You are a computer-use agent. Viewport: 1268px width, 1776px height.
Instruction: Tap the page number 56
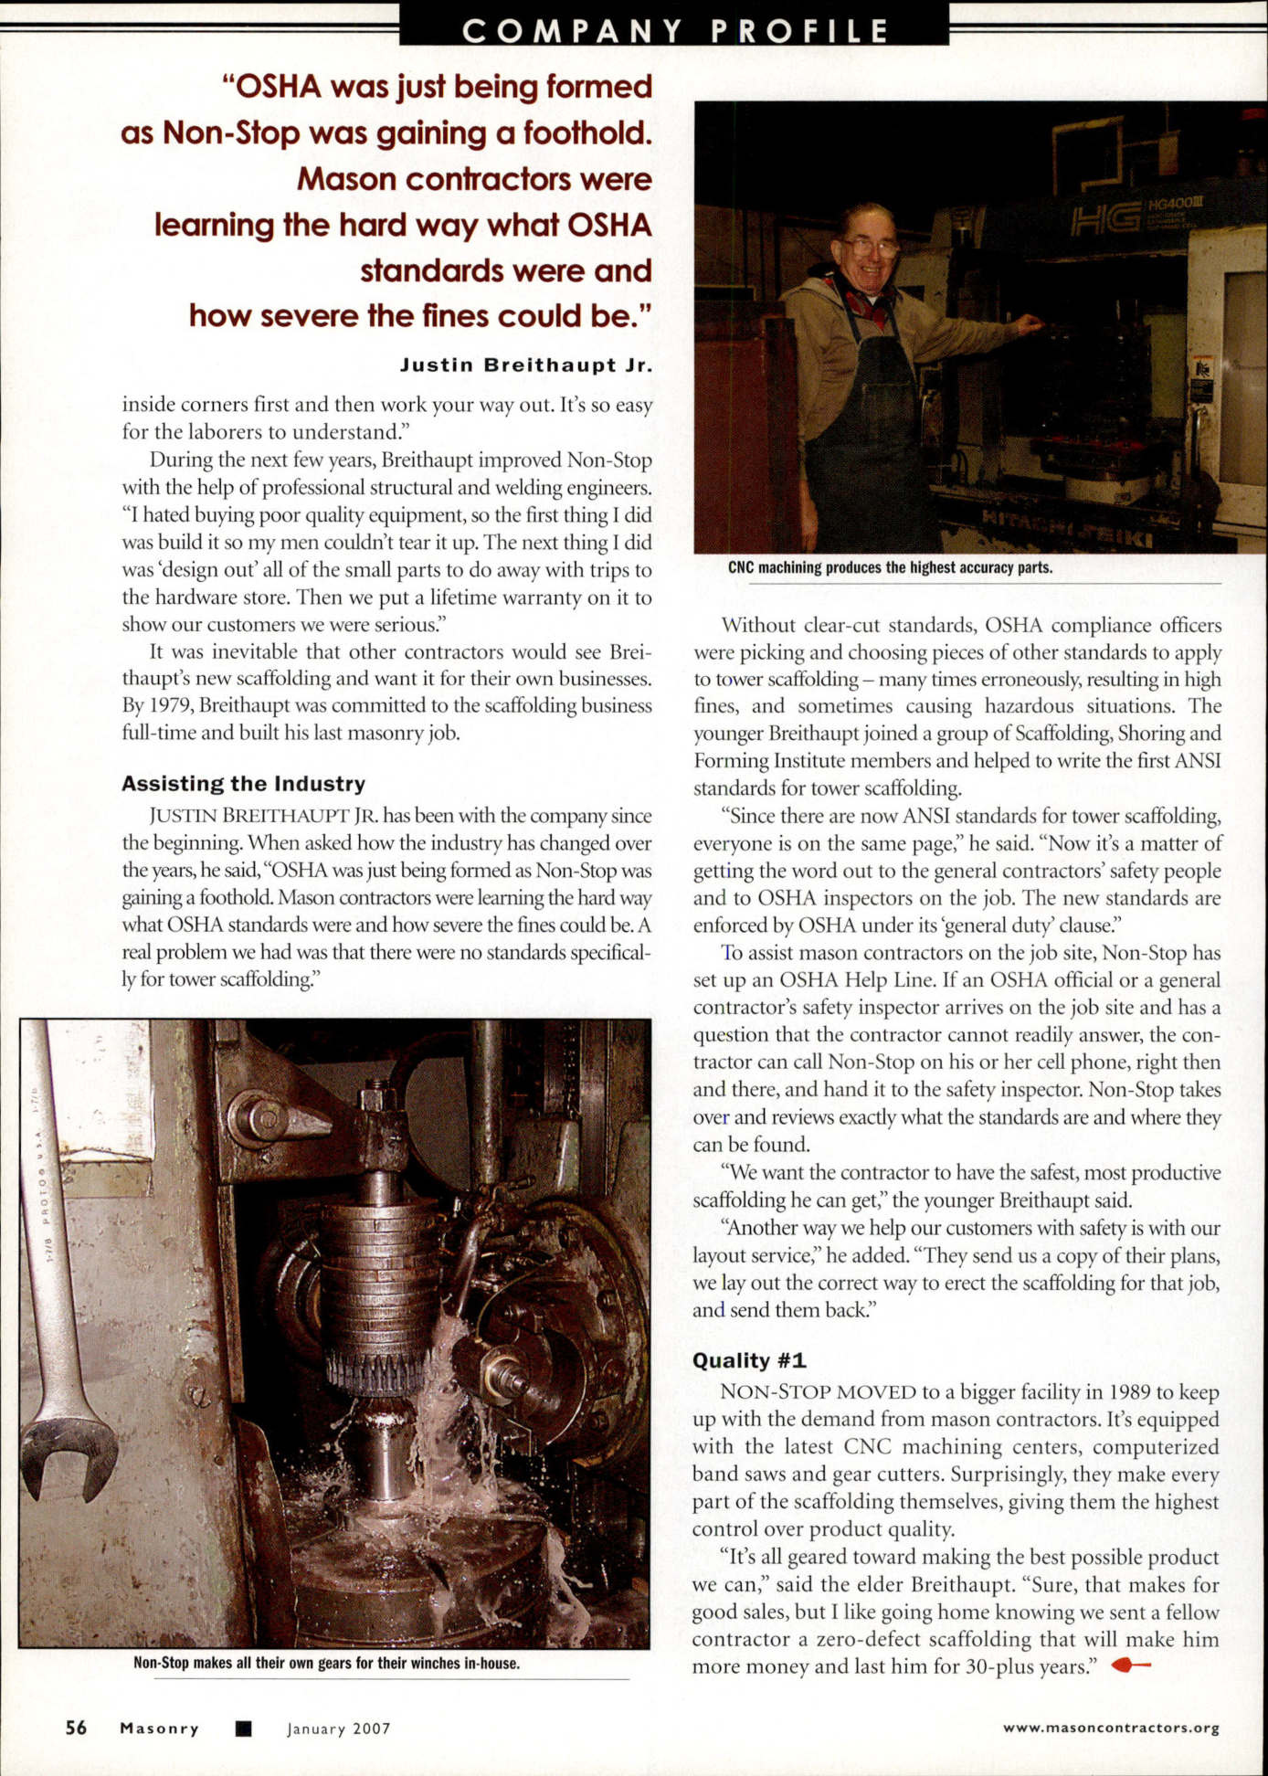click(x=76, y=1728)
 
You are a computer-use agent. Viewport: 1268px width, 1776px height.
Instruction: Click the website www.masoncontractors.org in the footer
click(x=1111, y=1728)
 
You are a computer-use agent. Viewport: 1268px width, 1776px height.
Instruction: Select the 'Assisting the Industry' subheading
click(x=243, y=784)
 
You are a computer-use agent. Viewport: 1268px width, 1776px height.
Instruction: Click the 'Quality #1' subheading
click(x=749, y=1360)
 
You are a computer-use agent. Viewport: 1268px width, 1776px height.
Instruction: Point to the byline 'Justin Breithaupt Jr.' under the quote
click(x=526, y=365)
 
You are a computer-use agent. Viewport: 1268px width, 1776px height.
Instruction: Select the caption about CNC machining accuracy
click(x=890, y=567)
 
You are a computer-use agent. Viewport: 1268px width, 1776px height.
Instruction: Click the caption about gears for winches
click(x=326, y=1663)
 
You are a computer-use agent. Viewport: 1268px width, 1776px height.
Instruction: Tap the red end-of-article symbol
click(x=1131, y=1665)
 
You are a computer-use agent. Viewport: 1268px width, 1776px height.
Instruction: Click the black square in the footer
click(x=243, y=1728)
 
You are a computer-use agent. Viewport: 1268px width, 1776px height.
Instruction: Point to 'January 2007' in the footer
click(x=338, y=1728)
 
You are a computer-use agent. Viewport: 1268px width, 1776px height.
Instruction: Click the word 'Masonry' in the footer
click(x=159, y=1728)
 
